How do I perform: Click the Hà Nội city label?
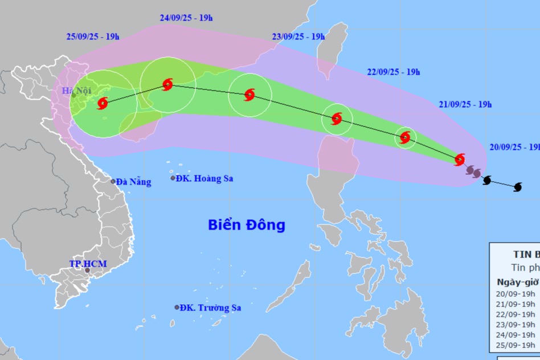point(76,90)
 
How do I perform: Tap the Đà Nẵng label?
point(133,182)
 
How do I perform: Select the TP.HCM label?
point(88,264)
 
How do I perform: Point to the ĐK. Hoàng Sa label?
point(204,179)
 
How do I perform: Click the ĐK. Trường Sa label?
point(210,308)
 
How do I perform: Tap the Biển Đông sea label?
point(246,225)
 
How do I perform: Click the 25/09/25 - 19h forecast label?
point(93,37)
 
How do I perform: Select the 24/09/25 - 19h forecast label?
point(186,18)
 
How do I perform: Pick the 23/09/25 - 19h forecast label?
point(298,37)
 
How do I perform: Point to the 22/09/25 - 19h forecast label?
point(393,72)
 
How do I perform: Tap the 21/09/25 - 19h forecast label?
point(465,104)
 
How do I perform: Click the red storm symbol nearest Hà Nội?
point(103,103)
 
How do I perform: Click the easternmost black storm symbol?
point(518,187)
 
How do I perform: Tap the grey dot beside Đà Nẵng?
point(113,182)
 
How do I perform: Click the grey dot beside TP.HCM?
point(87,270)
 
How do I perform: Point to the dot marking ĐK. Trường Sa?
point(177,308)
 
